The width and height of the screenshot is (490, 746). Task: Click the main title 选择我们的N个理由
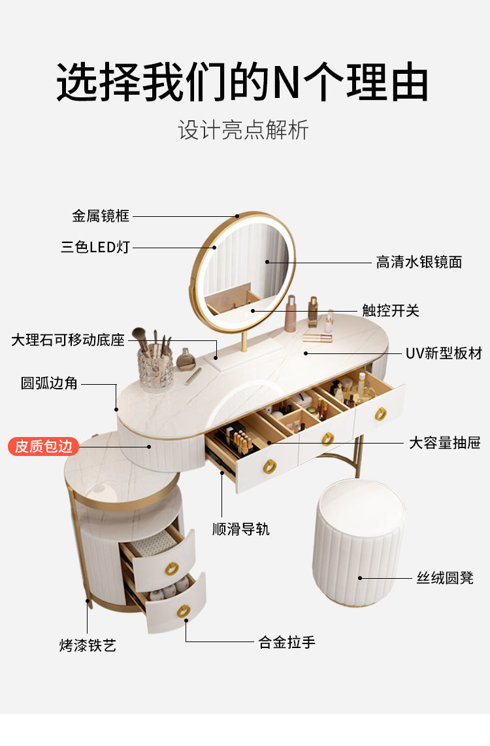click(242, 82)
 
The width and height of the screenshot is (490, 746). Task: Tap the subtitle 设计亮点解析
click(243, 130)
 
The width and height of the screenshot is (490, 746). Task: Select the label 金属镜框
click(101, 216)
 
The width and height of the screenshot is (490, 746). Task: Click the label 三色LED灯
click(95, 247)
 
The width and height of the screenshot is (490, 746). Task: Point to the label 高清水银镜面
click(419, 262)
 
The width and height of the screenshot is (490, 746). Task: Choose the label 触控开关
click(391, 311)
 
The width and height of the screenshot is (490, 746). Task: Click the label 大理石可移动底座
click(67, 340)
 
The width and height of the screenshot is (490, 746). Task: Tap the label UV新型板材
click(444, 353)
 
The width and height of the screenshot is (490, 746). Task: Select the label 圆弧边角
click(49, 383)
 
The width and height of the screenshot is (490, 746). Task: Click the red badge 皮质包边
click(43, 446)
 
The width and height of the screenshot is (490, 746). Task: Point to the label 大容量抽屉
click(445, 443)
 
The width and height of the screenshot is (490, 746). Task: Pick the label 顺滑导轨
click(240, 529)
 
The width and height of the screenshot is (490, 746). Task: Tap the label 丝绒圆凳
click(445, 577)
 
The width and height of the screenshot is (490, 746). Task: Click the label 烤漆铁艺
click(88, 645)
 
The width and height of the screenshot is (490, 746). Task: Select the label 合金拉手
click(287, 642)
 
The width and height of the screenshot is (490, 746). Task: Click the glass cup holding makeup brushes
click(155, 367)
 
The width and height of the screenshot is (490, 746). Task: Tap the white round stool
click(358, 542)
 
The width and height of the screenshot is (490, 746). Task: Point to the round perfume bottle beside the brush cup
click(186, 359)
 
